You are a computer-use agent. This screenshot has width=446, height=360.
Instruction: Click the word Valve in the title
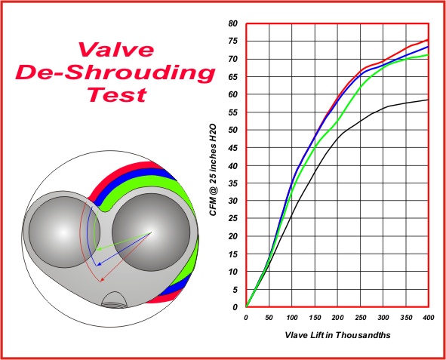tap(115, 50)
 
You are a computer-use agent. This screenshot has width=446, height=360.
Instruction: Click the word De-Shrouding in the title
tap(115, 72)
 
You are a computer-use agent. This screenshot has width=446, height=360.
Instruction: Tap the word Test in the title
tap(117, 94)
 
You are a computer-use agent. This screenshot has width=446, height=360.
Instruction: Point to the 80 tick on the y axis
tap(232, 23)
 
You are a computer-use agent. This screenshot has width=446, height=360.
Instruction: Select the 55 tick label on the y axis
tap(232, 112)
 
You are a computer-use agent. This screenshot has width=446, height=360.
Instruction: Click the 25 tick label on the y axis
tap(232, 218)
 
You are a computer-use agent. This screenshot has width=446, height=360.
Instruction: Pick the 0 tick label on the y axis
tap(235, 307)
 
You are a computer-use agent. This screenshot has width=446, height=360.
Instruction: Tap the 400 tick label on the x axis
tap(429, 318)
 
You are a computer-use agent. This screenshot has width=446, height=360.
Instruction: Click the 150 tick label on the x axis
tap(315, 318)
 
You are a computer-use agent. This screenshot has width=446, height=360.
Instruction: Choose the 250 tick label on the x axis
tap(361, 318)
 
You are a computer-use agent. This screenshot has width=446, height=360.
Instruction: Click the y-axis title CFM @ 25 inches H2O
tap(214, 170)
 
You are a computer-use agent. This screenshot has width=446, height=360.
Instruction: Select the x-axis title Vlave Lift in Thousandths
tap(337, 335)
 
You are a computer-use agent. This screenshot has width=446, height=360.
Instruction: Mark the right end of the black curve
tap(428, 100)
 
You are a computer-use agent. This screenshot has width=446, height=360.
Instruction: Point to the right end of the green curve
tap(428, 54)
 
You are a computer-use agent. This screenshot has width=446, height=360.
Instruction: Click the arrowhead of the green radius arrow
tap(98, 249)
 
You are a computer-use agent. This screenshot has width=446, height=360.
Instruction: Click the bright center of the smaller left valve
tap(63, 232)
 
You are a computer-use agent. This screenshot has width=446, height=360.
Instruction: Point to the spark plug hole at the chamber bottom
tap(114, 300)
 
